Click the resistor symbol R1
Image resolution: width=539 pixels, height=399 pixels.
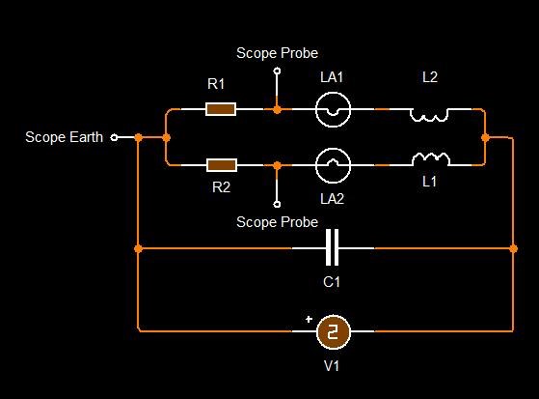221,109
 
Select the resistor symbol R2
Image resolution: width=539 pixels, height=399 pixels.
222,165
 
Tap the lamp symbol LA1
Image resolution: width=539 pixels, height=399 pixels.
333,109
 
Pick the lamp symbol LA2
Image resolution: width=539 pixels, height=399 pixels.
333,165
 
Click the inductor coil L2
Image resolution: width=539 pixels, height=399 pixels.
429,115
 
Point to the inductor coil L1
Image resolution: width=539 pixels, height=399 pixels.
431,159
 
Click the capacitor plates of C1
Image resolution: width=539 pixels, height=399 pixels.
332,247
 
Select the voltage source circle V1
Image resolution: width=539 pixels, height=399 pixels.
333,331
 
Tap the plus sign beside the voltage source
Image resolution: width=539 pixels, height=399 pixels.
309,319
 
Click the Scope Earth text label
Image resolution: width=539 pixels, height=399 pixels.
65,137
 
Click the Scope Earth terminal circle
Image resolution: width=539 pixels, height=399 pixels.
114,138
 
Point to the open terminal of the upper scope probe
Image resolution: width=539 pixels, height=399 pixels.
277,71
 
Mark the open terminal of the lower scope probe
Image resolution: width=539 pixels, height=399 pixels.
277,204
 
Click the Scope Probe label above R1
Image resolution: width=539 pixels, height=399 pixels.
277,53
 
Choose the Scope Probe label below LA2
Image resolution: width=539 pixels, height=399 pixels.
277,222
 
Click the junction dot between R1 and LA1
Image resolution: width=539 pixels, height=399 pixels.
277,109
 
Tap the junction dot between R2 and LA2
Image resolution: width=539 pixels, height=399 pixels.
277,165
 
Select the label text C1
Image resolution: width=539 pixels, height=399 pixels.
332,282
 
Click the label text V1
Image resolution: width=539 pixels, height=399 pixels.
332,365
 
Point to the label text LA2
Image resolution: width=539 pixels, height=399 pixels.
332,199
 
